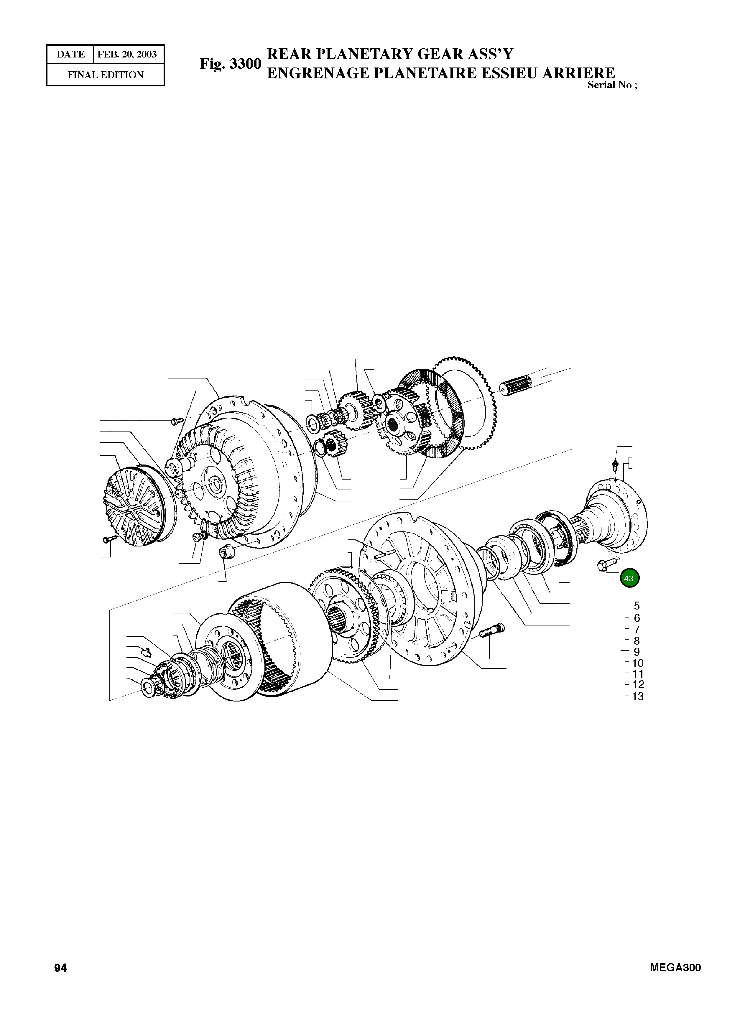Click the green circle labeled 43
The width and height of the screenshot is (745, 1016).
(629, 578)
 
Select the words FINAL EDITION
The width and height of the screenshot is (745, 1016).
(106, 75)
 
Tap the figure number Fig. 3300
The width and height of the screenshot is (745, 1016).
(231, 64)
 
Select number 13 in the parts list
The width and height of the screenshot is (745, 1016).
(637, 696)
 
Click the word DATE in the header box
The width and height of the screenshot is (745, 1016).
(71, 55)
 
